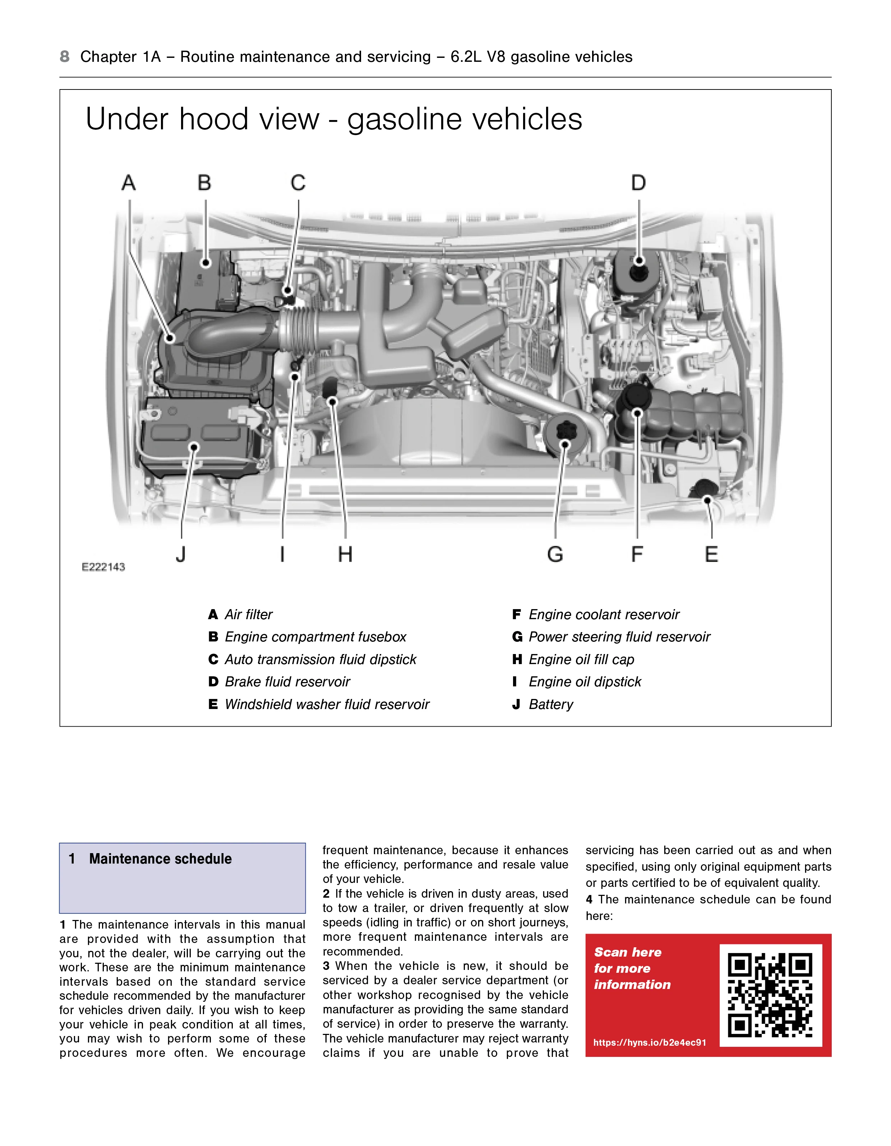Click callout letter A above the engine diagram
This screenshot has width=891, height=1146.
pyautogui.click(x=129, y=183)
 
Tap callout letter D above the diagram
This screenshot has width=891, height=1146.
pyautogui.click(x=638, y=183)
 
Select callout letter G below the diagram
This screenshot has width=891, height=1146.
pyautogui.click(x=555, y=554)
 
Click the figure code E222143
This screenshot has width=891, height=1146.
pyautogui.click(x=103, y=567)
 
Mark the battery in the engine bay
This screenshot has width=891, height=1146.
pyautogui.click(x=199, y=436)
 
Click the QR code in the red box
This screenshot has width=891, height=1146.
pyautogui.click(x=770, y=995)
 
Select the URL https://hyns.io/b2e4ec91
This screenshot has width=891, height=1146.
pyautogui.click(x=650, y=1043)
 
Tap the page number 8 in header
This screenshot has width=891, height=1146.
pyautogui.click(x=65, y=57)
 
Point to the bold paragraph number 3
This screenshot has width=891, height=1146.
pyautogui.click(x=326, y=966)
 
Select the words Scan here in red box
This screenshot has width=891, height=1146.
pyautogui.click(x=628, y=952)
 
